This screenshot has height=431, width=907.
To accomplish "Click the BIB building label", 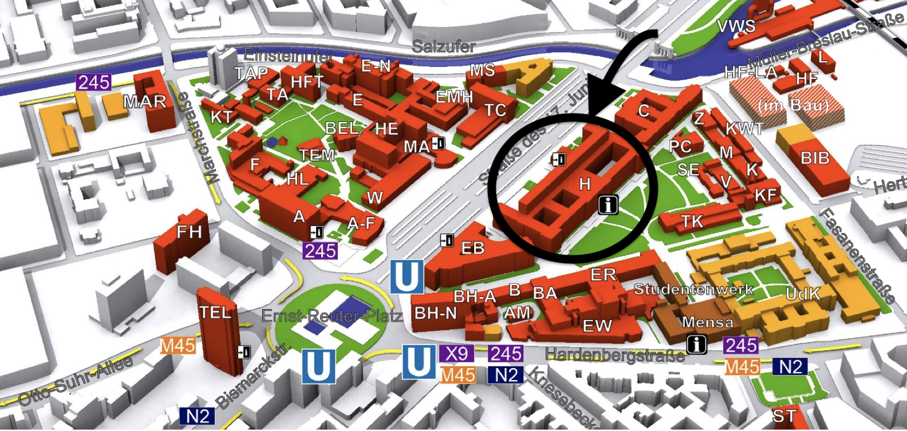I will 815,157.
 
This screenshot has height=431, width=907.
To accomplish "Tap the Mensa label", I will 708,322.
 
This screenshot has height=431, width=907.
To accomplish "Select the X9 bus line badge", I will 456,354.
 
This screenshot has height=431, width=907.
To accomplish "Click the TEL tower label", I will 215,313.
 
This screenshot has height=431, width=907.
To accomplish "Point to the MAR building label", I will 145,102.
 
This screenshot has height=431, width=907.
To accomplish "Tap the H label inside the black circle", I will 585,184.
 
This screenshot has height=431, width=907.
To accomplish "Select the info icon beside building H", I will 608,204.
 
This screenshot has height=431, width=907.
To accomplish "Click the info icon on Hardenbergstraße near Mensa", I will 696,344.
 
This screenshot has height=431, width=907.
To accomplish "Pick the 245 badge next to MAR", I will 94,82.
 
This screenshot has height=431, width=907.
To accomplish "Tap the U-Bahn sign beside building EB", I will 407,276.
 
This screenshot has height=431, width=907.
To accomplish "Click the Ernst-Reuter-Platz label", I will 332,315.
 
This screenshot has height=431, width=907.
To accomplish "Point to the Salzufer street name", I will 444,46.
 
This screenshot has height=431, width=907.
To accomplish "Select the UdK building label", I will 803,294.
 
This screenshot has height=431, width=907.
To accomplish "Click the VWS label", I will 736,26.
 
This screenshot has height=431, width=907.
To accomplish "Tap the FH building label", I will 189,232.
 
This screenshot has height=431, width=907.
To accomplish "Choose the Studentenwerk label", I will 693,289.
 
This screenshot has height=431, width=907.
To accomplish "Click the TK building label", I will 692,222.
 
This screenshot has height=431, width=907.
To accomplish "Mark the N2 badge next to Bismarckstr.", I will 198,416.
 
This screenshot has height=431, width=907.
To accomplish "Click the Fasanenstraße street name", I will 857,255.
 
